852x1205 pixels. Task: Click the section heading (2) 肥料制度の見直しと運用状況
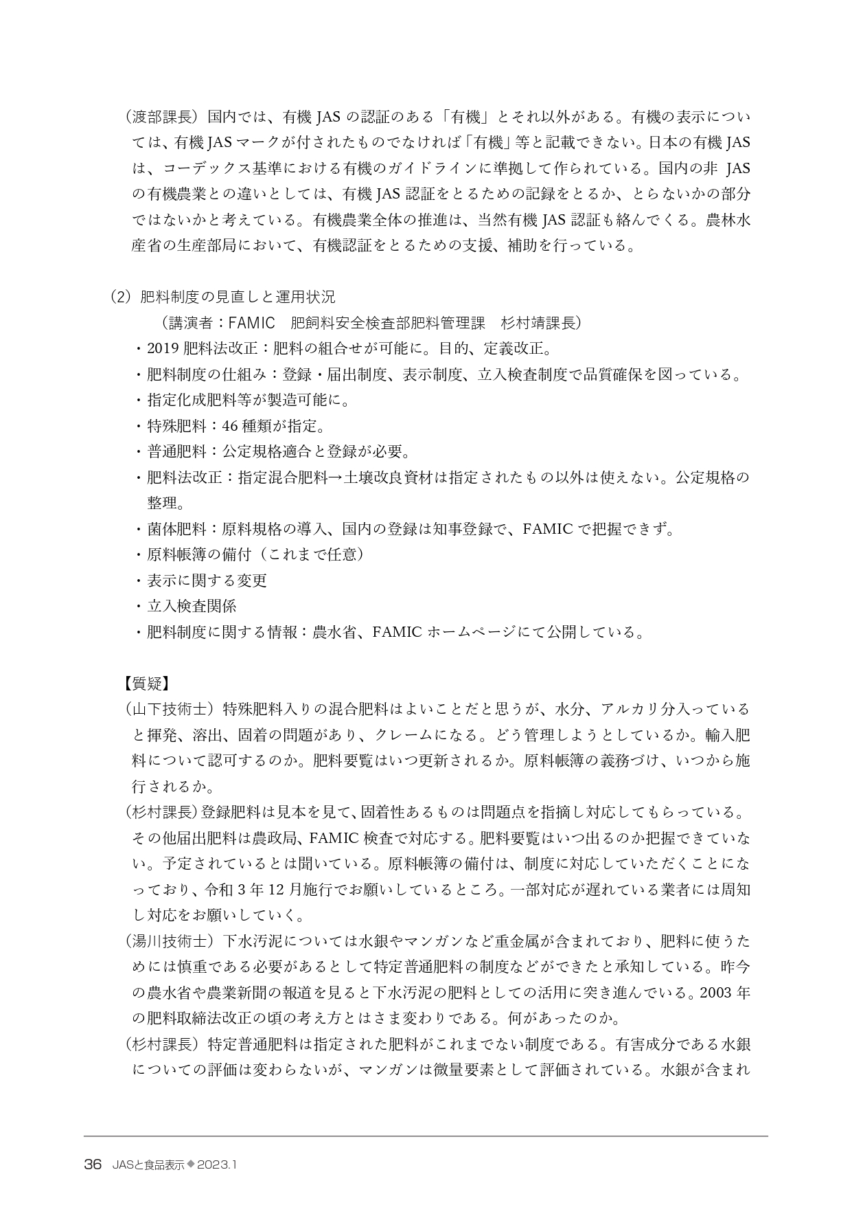click(x=223, y=297)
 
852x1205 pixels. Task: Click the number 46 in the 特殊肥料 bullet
click(x=221, y=426)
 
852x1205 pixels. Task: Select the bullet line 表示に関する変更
click(x=207, y=581)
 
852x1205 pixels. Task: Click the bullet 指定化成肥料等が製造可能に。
click(x=249, y=400)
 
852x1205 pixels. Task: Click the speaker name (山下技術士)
click(x=170, y=709)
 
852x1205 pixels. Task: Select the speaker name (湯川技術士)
click(x=170, y=941)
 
